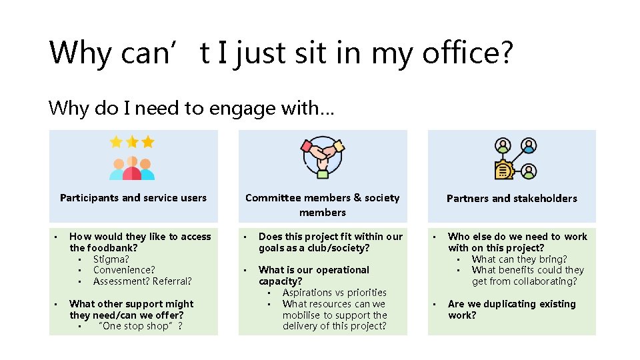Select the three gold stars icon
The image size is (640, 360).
pyautogui.click(x=132, y=142)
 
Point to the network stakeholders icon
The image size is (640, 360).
pyautogui.click(x=515, y=159)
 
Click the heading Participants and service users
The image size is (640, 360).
pyautogui.click(x=133, y=198)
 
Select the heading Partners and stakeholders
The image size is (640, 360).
pyautogui.click(x=511, y=198)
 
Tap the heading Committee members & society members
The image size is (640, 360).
pyautogui.click(x=323, y=205)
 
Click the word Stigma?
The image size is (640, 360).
pyautogui.click(x=111, y=259)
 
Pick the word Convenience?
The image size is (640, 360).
pyautogui.click(x=124, y=270)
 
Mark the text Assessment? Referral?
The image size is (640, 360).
pyautogui.click(x=142, y=281)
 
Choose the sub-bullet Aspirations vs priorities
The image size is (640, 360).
pyautogui.click(x=334, y=293)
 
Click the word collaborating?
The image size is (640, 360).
pyautogui.click(x=544, y=281)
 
